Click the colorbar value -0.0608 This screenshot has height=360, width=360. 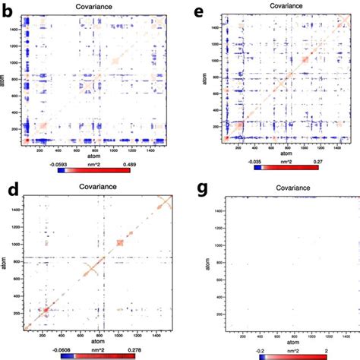(x=62, y=352)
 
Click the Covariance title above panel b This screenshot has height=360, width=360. (x=96, y=6)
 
